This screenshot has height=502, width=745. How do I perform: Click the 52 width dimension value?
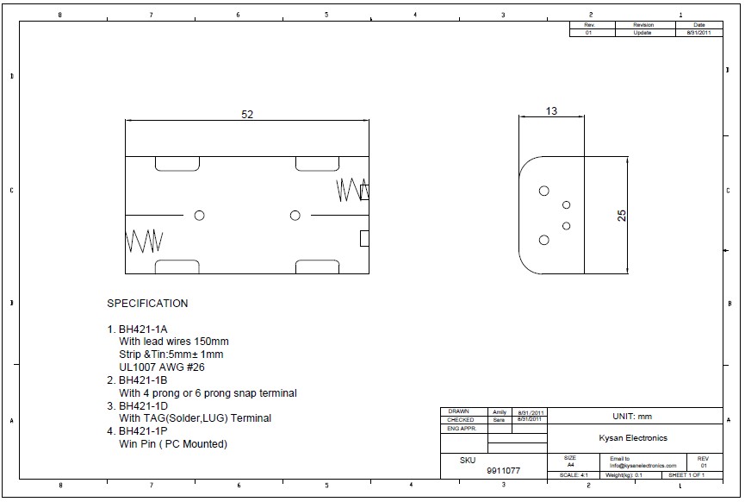(x=247, y=115)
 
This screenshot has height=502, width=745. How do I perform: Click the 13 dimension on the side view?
(x=551, y=110)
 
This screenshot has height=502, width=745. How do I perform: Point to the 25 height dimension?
(x=623, y=216)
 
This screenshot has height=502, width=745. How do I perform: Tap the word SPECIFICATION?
(x=147, y=304)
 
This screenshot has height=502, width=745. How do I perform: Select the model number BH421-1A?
(x=143, y=329)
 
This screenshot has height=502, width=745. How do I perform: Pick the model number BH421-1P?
(x=143, y=431)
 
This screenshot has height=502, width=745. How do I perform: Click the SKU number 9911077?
(x=504, y=472)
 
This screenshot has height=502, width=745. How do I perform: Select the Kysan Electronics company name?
(x=633, y=438)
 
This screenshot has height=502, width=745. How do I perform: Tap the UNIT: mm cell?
(x=633, y=416)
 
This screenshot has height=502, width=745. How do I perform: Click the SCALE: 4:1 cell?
(x=574, y=475)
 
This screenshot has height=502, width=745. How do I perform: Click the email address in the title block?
(x=643, y=466)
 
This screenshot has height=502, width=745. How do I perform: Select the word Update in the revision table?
(x=643, y=33)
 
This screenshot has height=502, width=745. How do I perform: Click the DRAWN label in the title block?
(x=459, y=411)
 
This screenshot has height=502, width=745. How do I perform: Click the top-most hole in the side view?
(x=543, y=191)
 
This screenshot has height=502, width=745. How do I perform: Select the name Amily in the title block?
(x=500, y=411)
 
